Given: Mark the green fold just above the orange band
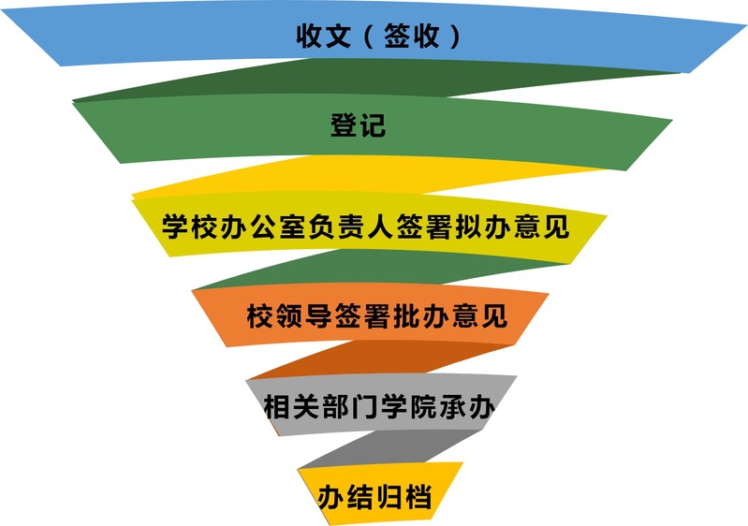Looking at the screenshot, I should coord(374,271).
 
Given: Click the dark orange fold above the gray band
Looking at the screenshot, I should coord(374,359).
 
